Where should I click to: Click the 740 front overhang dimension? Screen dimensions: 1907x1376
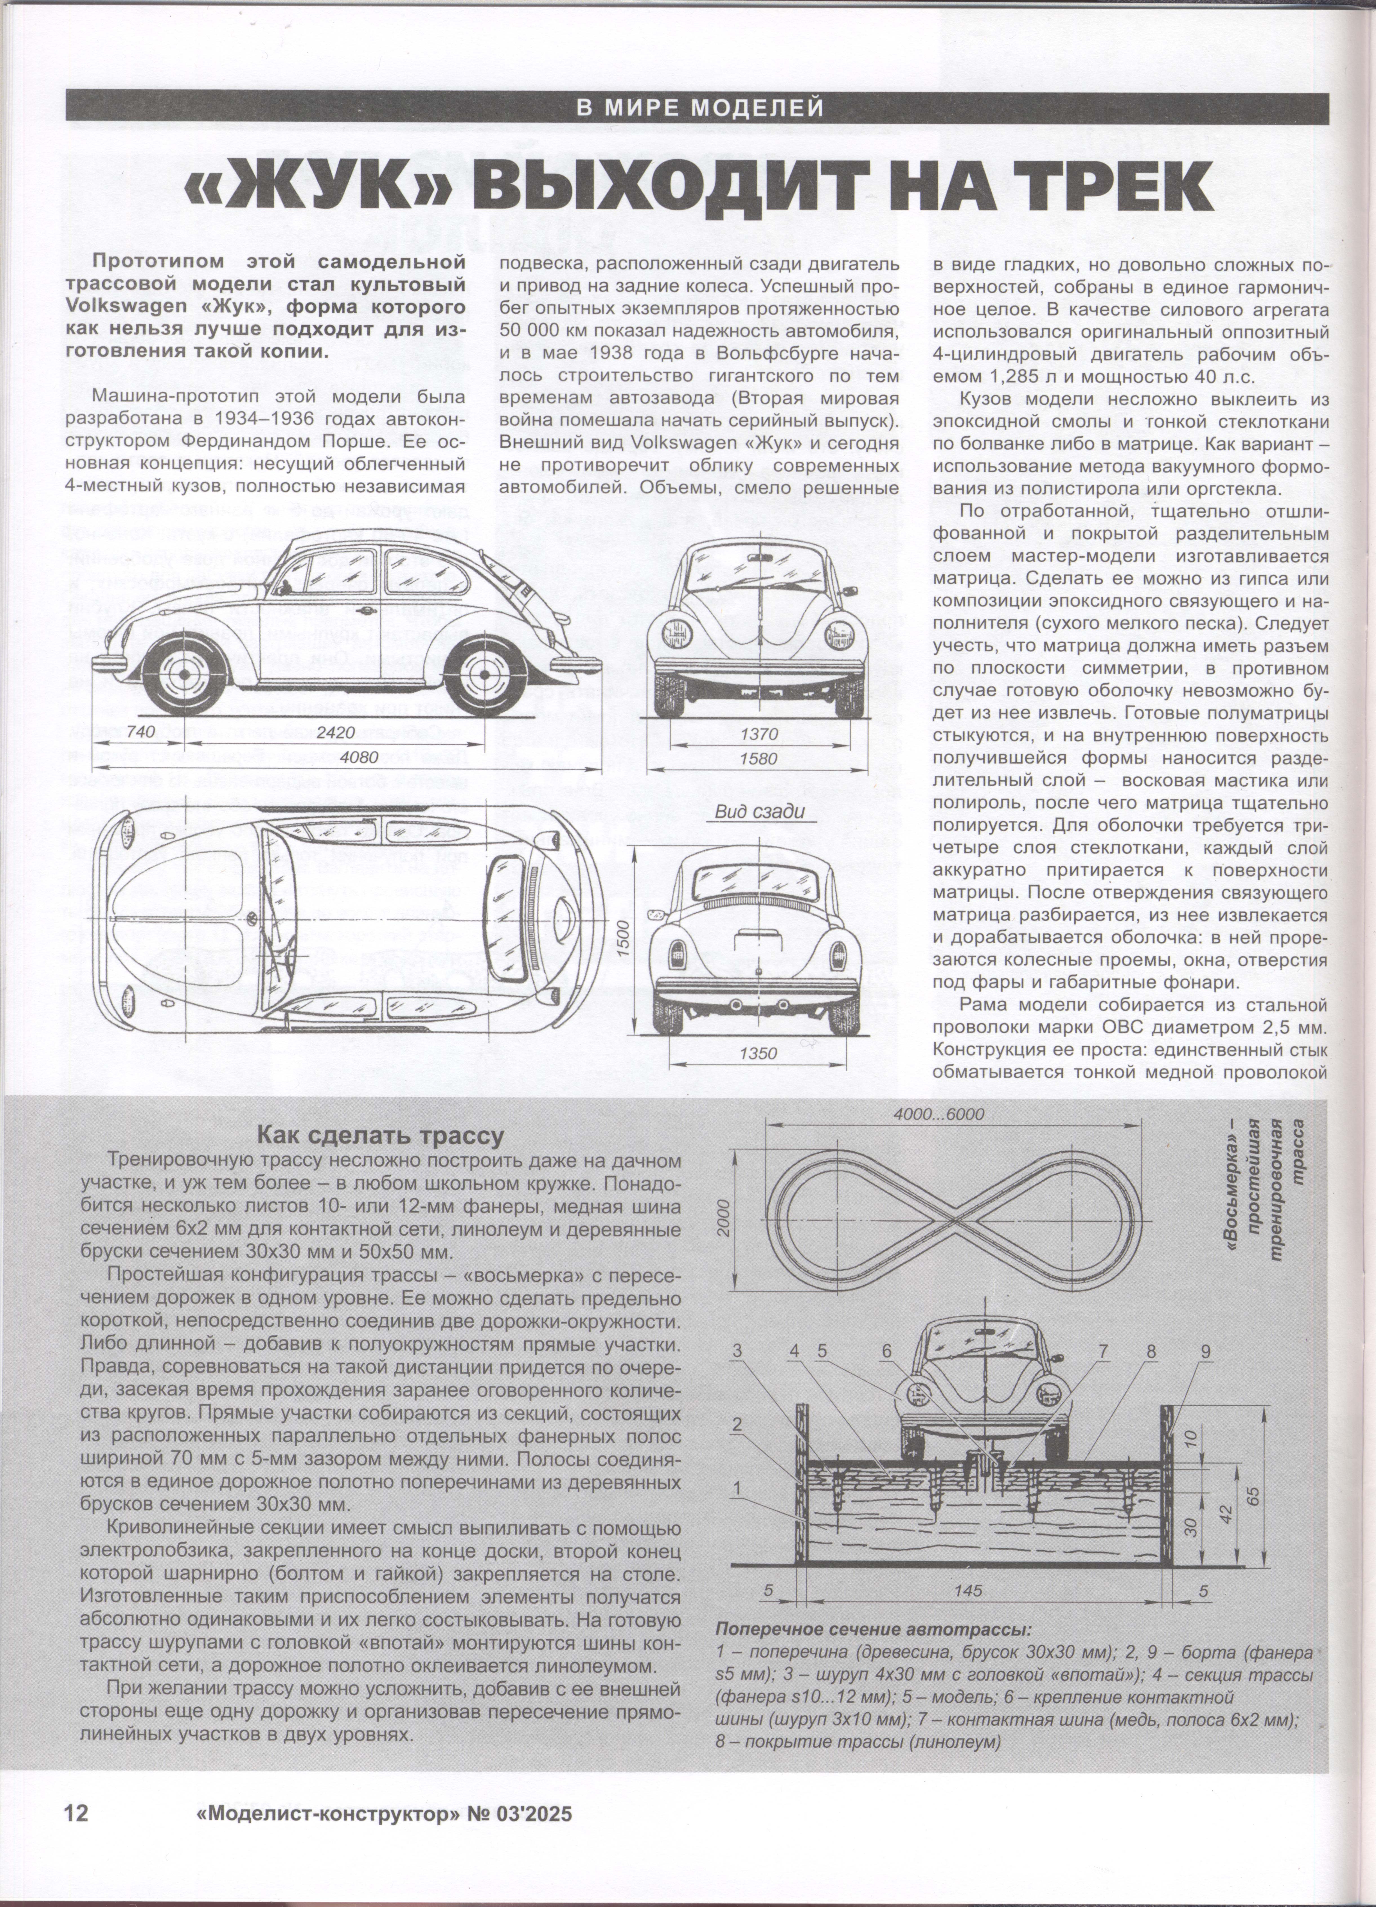click(x=143, y=732)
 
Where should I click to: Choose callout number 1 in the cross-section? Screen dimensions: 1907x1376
click(x=737, y=1488)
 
